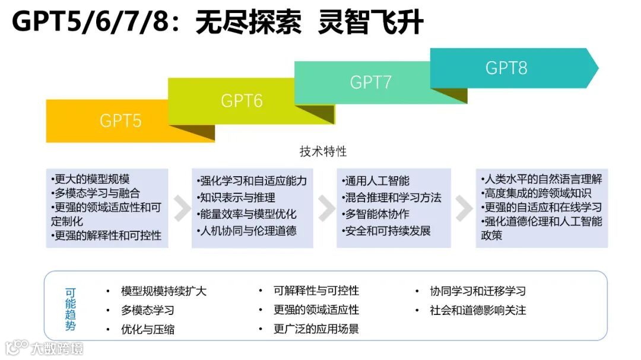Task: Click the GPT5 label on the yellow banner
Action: tap(120, 120)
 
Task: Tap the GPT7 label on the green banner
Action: tap(370, 82)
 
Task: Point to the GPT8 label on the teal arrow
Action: tap(506, 68)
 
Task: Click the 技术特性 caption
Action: tap(323, 151)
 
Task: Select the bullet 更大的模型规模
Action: tap(91, 179)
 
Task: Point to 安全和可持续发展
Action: tap(387, 231)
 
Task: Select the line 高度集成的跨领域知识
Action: tap(540, 193)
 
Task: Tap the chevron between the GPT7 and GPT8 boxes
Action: tap(463, 208)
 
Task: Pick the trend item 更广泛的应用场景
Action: tap(316, 329)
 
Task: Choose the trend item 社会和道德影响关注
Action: tap(478, 310)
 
